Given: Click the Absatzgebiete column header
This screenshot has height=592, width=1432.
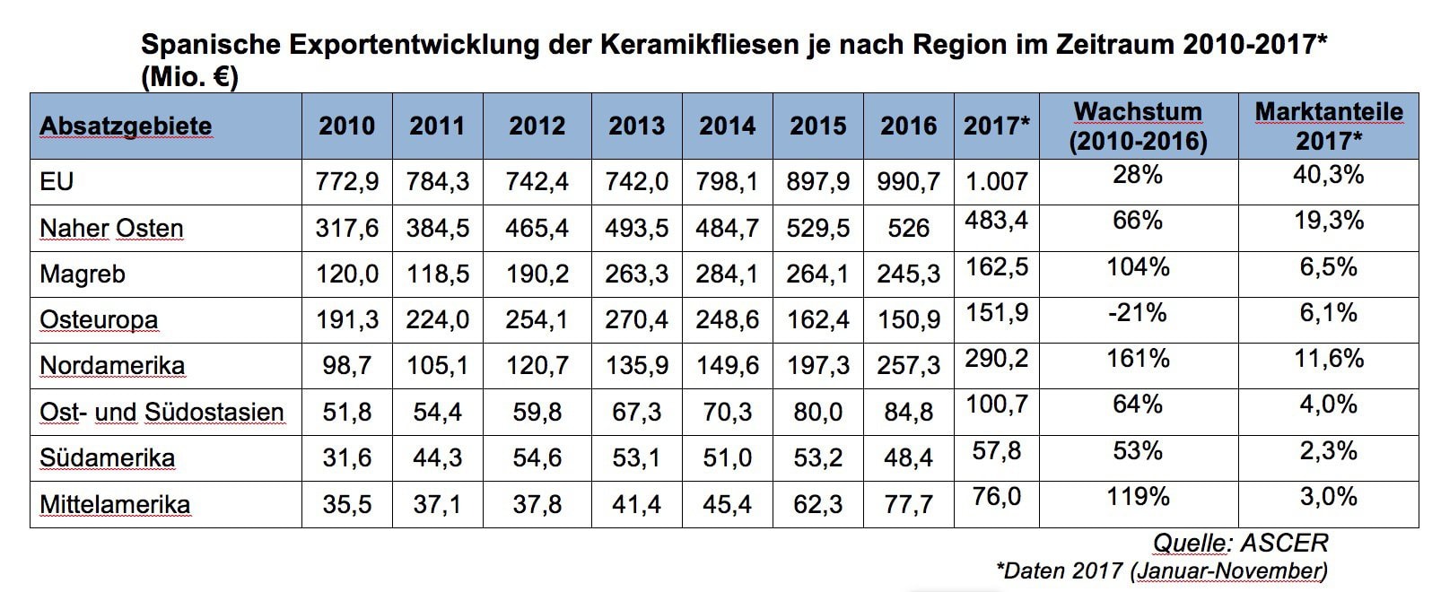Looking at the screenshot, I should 126,126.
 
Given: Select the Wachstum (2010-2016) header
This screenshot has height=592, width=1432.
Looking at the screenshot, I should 1138,126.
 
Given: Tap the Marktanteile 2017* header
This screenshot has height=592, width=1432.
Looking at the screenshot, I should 1329,126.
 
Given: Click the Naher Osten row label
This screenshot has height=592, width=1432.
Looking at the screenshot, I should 111,229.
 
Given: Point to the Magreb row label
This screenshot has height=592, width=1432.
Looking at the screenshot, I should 83,274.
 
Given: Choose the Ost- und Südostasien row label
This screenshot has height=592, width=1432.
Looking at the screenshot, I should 162,412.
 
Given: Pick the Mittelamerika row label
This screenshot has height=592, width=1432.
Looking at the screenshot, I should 115,504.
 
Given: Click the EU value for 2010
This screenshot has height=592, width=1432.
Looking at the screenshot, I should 347,182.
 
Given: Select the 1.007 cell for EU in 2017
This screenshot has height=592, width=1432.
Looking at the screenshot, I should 996,181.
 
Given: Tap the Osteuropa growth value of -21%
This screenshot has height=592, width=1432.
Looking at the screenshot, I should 1138,312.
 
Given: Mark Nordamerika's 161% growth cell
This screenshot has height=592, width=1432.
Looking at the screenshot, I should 1138,359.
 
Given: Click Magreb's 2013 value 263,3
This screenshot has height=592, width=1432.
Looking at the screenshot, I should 636,274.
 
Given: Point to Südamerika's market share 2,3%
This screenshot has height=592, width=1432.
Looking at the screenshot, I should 1329,450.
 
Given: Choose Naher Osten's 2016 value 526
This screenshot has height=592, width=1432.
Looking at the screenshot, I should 908,229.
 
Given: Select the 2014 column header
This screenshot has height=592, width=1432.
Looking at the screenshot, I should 728,126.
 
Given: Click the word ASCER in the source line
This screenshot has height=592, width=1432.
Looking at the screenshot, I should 1284,543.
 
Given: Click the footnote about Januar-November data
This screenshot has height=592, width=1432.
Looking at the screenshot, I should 1162,570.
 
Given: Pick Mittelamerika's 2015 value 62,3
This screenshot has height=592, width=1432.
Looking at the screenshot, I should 817,504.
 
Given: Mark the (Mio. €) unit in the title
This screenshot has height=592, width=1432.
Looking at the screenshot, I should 190,77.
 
